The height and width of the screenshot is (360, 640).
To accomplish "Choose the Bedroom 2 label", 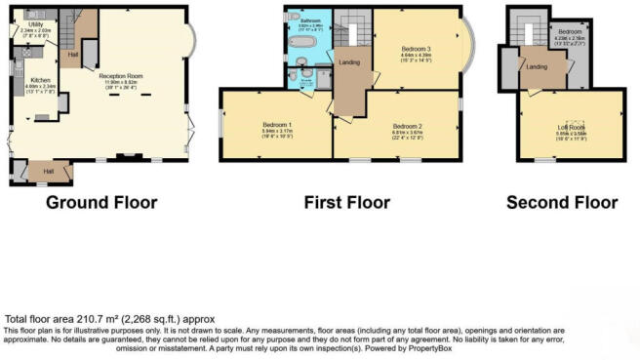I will pyautogui.click(x=406, y=126).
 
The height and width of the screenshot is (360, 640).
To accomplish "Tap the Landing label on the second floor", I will pyautogui.click(x=536, y=66).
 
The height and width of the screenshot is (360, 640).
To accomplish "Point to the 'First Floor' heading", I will pyautogui.click(x=346, y=203).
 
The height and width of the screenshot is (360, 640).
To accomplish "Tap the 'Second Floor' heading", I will pyautogui.click(x=561, y=203).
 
